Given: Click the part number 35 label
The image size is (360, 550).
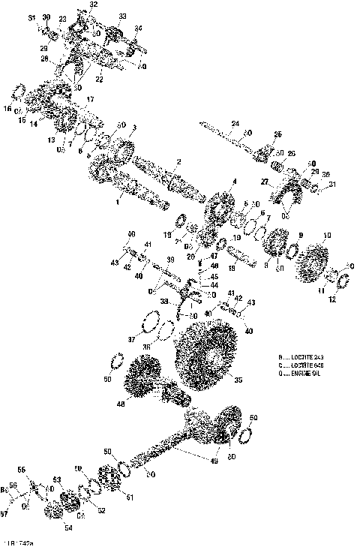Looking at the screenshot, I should coord(238,380).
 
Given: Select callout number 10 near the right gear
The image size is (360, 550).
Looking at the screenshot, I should coord(325,236).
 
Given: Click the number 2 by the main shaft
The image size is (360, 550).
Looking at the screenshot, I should coord(178,162).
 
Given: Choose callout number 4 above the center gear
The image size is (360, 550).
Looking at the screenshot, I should coord(233,182).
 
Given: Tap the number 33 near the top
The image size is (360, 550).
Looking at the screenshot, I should coord(122,16).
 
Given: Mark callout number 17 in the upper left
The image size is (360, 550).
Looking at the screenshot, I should coord(90,99).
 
